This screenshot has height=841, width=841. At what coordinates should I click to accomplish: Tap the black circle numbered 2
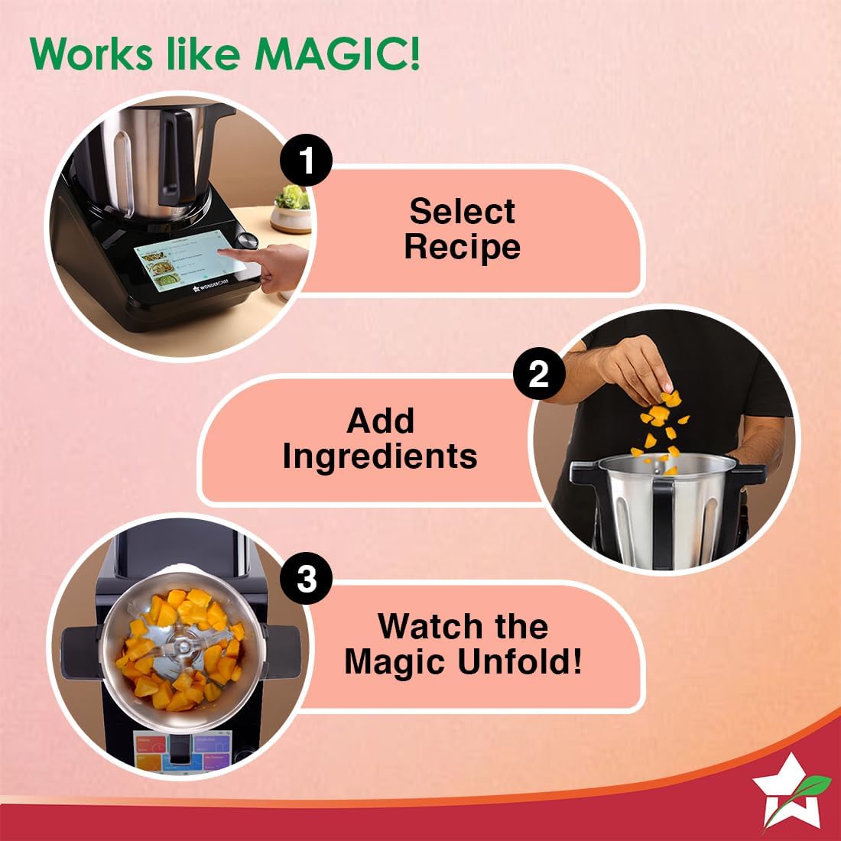(x=539, y=374)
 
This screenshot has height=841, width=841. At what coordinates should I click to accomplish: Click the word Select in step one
(x=462, y=211)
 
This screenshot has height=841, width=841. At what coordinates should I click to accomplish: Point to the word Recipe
(x=462, y=247)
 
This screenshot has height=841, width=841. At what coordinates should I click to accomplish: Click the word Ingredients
(x=380, y=456)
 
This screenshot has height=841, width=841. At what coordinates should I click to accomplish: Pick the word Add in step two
(x=380, y=420)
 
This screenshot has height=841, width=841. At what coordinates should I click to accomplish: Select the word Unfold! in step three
(x=519, y=661)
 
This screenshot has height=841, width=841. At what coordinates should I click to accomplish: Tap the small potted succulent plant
(x=292, y=206)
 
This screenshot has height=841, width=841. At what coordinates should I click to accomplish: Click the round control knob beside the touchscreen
(x=247, y=239)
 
